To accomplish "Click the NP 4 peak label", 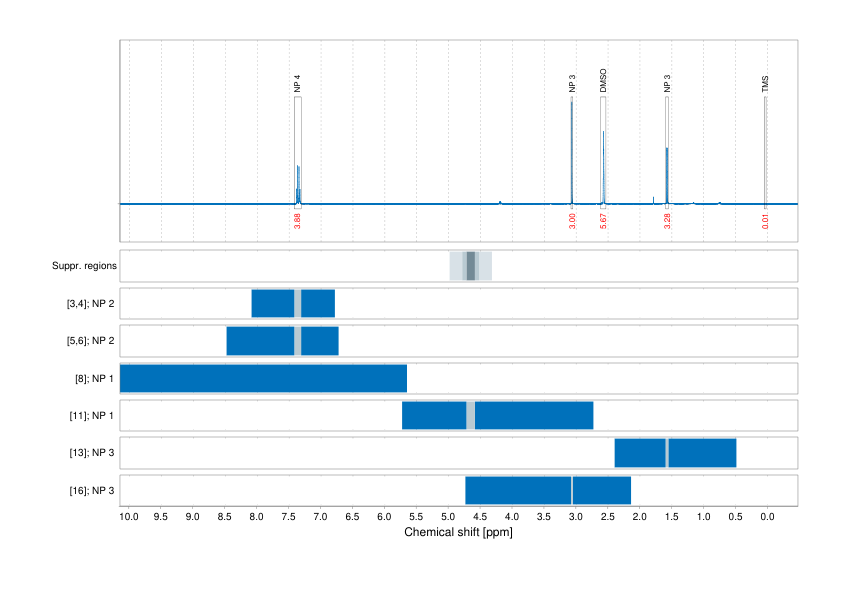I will click(297, 84).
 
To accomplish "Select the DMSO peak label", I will click(603, 81).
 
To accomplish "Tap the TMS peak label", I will click(765, 84).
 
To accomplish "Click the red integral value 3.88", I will click(297, 220).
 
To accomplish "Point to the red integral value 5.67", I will click(603, 220).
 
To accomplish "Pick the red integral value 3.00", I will click(572, 220).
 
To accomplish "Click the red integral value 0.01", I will click(765, 220).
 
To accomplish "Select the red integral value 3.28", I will click(667, 220).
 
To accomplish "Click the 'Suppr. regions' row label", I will click(84, 266).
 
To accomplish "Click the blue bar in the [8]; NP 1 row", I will click(263, 378).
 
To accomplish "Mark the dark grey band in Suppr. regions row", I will click(471, 266).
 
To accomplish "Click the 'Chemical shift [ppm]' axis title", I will click(458, 533).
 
